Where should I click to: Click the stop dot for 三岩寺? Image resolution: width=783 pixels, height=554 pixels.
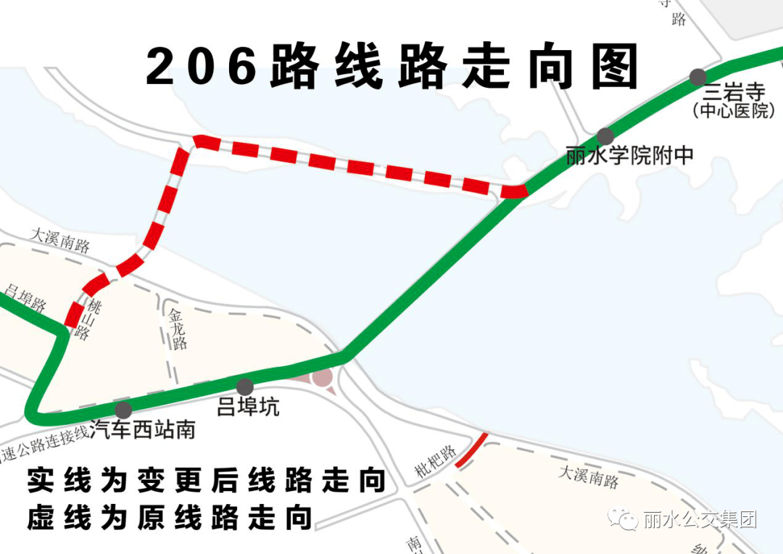(698, 77)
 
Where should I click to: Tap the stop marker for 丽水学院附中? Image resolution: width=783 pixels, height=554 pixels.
(605, 136)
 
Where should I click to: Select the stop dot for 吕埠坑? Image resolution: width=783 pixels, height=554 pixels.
(245, 387)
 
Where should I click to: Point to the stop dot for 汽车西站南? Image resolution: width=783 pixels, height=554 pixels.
(123, 410)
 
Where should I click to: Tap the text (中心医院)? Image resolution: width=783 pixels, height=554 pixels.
(734, 112)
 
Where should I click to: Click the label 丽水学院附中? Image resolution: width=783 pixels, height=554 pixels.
(629, 156)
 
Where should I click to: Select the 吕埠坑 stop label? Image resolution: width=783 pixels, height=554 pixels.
(248, 408)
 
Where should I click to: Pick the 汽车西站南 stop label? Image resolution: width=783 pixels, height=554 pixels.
(144, 430)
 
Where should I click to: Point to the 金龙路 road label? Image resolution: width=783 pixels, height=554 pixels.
(177, 330)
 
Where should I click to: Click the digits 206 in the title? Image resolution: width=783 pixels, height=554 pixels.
(202, 67)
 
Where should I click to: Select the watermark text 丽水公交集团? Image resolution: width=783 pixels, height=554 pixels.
(700, 520)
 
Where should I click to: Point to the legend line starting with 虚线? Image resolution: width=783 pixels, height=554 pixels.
(170, 518)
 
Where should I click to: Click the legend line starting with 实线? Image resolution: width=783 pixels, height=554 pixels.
(206, 480)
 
